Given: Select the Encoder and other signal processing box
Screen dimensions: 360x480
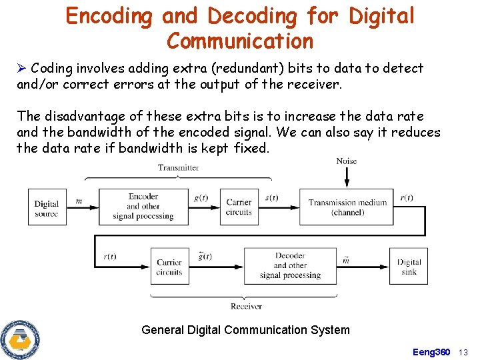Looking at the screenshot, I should pyautogui.click(x=143, y=207).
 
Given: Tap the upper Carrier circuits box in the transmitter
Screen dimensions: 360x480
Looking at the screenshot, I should pyautogui.click(x=239, y=207).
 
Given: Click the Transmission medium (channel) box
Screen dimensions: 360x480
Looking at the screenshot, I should pyautogui.click(x=347, y=207).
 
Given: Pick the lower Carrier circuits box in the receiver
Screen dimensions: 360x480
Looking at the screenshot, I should pyautogui.click(x=169, y=267).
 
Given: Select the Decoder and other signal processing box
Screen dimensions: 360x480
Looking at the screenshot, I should pyautogui.click(x=290, y=265).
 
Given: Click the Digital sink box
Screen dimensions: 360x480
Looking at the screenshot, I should pyautogui.click(x=409, y=267).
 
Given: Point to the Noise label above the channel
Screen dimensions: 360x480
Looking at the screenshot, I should pyautogui.click(x=347, y=161).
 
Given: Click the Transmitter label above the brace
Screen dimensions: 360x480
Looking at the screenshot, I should pyautogui.click(x=178, y=168).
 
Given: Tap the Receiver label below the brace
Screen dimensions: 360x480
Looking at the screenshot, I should pyautogui.click(x=246, y=307).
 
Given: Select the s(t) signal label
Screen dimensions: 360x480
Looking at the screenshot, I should pyautogui.click(x=272, y=198).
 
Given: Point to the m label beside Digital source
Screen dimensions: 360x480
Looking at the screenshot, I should pyautogui.click(x=79, y=201).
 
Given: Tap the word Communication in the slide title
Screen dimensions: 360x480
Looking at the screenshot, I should pyautogui.click(x=239, y=41).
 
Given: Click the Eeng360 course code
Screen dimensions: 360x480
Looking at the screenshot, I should pyautogui.click(x=431, y=352).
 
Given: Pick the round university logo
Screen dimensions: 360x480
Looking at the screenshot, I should pyautogui.click(x=21, y=339).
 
